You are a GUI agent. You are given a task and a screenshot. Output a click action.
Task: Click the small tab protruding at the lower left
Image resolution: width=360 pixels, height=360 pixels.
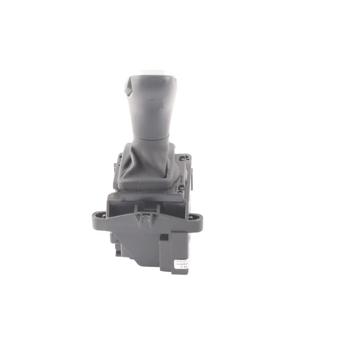coord(119,253)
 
